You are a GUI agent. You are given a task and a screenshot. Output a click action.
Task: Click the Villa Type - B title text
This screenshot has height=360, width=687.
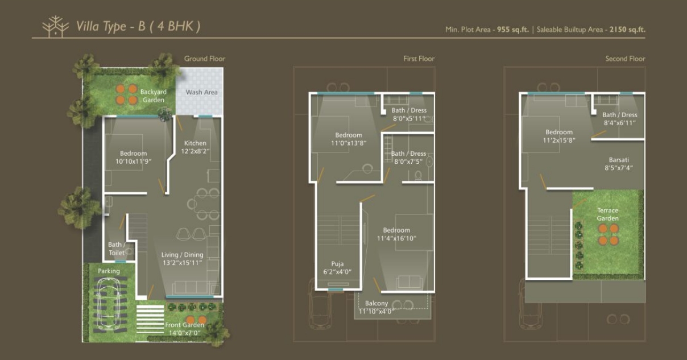pos(138,26)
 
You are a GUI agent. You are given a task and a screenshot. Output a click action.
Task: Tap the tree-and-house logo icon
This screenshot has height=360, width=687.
pos(56,26)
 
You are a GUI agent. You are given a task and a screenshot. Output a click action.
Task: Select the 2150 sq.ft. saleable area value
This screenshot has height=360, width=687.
pos(627,30)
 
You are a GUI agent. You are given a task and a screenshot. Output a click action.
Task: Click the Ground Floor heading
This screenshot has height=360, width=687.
pos(205,59)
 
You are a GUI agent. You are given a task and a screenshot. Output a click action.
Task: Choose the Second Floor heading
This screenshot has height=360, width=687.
pos(625,59)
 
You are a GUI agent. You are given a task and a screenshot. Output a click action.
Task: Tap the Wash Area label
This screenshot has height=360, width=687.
pos(201,92)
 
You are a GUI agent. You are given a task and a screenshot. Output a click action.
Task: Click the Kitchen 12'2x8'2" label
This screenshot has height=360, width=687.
pos(195,147)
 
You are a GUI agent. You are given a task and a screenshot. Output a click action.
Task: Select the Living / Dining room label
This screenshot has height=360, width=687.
pos(182,259)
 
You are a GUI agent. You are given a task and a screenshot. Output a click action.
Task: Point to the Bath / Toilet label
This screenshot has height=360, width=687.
pos(117,249)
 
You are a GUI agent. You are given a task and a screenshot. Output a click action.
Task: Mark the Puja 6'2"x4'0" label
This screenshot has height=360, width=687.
pos(337,268)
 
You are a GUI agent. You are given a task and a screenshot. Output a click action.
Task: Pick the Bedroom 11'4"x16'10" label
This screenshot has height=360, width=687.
pos(396,234)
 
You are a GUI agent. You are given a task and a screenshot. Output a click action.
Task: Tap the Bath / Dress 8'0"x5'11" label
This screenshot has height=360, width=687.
pos(409,114)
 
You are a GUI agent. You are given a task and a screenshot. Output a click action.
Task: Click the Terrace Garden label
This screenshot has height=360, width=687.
pos(607,214)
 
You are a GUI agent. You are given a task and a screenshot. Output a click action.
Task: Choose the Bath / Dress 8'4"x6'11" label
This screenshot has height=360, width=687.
pos(619,119)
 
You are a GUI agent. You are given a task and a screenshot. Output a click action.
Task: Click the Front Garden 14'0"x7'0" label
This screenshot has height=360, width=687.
pos(185,329)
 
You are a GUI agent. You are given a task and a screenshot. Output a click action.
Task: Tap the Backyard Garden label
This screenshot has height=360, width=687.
pos(154,96)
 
